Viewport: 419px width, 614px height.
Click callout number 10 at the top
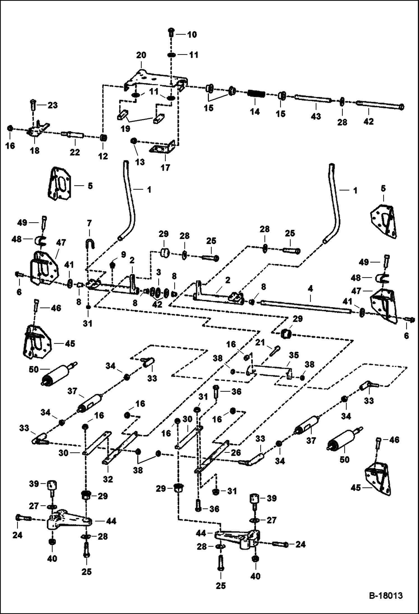click(192, 35)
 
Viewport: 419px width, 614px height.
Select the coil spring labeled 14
click(256, 94)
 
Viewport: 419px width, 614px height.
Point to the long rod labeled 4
click(305, 306)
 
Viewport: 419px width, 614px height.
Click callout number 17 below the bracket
click(165, 168)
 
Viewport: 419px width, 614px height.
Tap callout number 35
click(294, 356)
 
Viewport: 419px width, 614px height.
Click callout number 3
click(159, 272)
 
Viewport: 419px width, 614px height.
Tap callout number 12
click(103, 156)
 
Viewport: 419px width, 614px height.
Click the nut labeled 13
click(134, 141)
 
